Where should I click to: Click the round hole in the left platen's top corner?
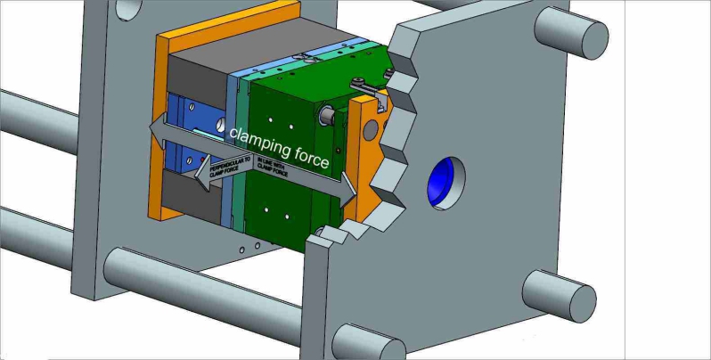coord(128,7)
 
